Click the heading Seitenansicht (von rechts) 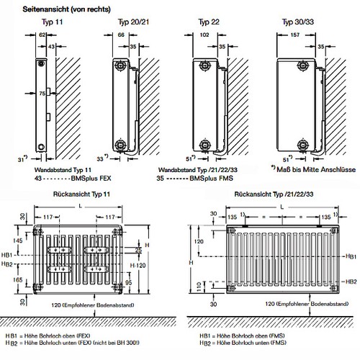(66, 9)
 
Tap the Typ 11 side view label (52, 22)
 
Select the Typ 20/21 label (133, 22)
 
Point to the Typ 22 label (209, 22)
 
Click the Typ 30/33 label (298, 22)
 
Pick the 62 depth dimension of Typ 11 (42, 35)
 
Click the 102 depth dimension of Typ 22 (204, 35)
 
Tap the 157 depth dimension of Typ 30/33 (294, 35)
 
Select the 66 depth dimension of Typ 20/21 (121, 35)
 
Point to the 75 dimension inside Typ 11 (42, 94)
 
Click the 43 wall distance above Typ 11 (51, 46)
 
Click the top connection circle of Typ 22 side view (204, 65)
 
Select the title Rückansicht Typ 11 (81, 194)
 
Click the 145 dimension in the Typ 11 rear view (18, 240)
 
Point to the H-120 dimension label (138, 266)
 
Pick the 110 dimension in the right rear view (199, 287)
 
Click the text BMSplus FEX (91, 179)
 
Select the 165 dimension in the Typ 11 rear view (18, 280)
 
